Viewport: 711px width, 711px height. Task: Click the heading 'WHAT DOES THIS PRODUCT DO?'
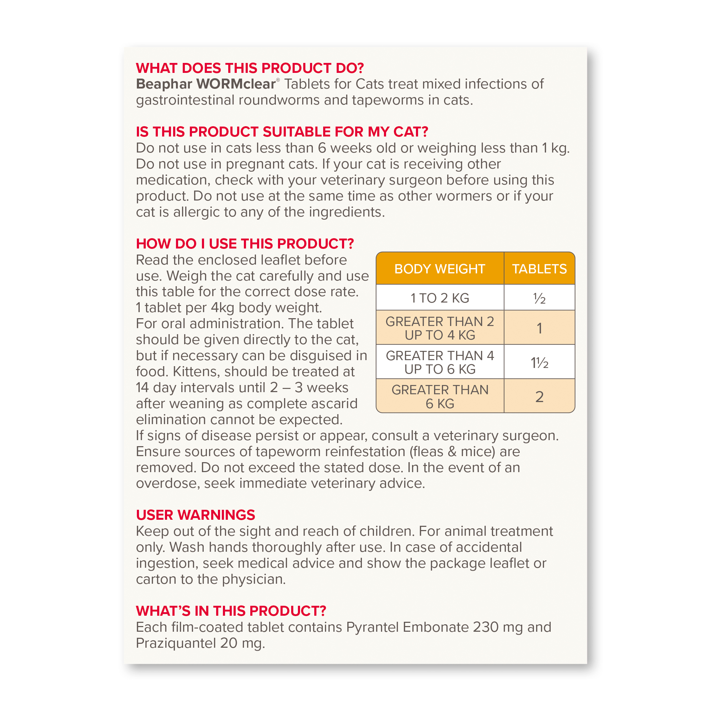tap(250, 68)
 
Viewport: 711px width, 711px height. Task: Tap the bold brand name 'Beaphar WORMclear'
tap(206, 84)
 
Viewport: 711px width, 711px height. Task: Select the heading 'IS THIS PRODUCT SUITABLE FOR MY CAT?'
tap(282, 132)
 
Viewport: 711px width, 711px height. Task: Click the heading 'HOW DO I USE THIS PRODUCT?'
tap(245, 244)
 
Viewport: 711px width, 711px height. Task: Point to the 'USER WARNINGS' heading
tap(196, 515)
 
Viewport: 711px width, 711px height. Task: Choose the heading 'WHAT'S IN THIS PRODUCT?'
tap(231, 611)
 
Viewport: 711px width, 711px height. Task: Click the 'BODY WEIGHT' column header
tap(439, 269)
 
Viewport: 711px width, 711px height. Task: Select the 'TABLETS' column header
tap(539, 269)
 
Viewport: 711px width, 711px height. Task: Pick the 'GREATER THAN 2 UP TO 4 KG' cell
tap(439, 328)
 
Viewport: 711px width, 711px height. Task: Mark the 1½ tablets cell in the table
tap(539, 363)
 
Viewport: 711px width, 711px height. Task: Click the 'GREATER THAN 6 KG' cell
tap(439, 397)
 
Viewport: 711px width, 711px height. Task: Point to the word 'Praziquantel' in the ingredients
tap(176, 643)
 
